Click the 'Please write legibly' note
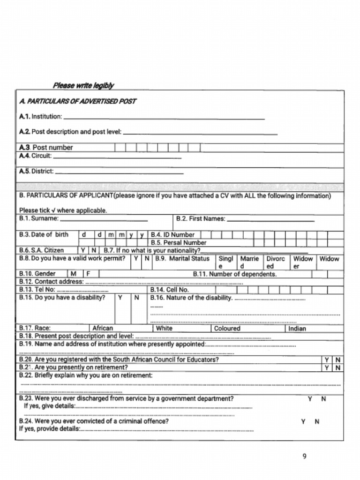click(83, 85)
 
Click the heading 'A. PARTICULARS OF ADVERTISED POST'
click(77, 101)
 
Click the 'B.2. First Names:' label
click(201, 219)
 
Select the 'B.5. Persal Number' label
click(178, 243)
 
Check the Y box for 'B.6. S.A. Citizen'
click(83, 251)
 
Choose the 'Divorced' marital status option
click(276, 262)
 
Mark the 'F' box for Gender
click(88, 274)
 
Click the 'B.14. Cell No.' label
click(169, 290)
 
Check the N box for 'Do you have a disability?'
click(137, 298)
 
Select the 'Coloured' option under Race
click(227, 329)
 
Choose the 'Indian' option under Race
click(297, 329)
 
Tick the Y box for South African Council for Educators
click(327, 360)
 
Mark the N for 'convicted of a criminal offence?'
click(317, 421)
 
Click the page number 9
click(304, 456)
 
